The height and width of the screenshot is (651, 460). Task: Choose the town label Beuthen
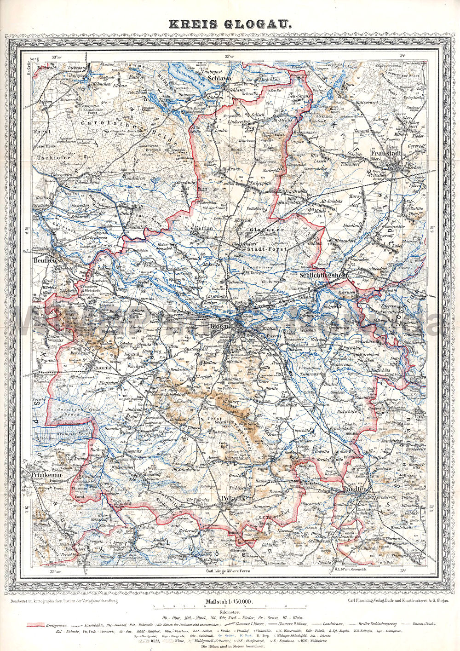45,260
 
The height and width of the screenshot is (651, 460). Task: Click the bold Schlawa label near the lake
219,79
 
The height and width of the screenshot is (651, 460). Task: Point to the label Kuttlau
203,228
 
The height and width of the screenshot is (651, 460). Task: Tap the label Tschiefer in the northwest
54,157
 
